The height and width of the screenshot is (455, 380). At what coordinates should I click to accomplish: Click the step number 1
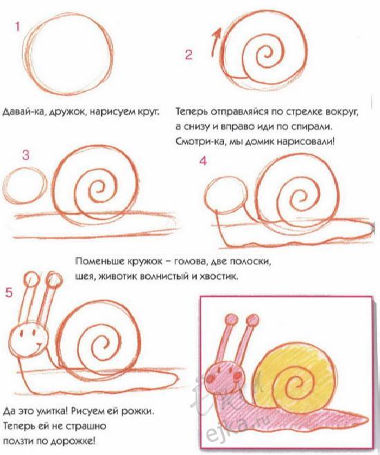point(18,27)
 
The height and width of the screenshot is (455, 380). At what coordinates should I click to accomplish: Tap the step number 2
point(189,55)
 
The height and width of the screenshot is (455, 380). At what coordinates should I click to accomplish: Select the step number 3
point(26,155)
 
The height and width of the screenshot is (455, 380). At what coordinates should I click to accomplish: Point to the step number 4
point(203,160)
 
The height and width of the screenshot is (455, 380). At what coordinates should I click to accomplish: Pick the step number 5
point(9,293)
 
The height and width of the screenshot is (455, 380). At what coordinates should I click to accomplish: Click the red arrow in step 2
point(216,41)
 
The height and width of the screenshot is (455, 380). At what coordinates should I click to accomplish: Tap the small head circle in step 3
point(25,184)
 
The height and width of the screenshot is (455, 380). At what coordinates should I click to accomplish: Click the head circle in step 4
point(226,195)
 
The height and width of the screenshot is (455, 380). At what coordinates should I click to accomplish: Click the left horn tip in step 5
point(31,279)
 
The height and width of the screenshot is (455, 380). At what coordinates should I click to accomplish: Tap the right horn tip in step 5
point(55,280)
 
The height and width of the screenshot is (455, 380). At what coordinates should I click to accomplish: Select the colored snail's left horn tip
point(232,320)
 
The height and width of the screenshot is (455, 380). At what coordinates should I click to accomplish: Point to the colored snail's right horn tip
point(252,320)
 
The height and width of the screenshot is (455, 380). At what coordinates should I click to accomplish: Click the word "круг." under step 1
point(149,111)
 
